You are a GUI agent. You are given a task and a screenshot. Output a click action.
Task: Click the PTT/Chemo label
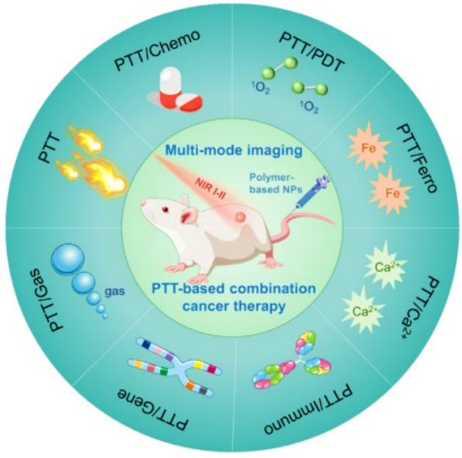coord(157,50)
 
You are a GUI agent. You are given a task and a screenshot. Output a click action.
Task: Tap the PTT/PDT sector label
coord(312,50)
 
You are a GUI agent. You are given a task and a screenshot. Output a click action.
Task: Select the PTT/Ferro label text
coord(417,158)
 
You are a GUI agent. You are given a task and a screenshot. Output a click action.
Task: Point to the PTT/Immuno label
coord(308,409)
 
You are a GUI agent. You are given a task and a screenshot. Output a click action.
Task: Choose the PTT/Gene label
coord(152,408)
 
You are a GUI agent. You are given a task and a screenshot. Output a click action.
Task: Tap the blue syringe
coord(313,192)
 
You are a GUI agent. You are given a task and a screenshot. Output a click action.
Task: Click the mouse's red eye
coord(166,209)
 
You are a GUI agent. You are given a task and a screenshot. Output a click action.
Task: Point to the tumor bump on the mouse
coord(240,217)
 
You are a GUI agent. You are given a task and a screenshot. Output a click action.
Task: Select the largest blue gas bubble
coord(68,259)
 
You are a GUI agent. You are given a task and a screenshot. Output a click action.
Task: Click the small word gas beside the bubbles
coord(115,291)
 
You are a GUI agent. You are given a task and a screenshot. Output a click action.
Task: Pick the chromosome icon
coord(175,367)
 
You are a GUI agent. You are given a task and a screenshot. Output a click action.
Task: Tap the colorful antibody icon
coord(293,360)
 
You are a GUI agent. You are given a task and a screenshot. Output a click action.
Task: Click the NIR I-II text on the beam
coord(212,189)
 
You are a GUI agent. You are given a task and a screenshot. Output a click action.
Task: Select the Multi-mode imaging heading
coord(234,150)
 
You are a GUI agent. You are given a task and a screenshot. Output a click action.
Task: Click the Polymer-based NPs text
coord(275,183)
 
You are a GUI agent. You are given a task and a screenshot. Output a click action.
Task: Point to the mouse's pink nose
coord(143,203)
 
